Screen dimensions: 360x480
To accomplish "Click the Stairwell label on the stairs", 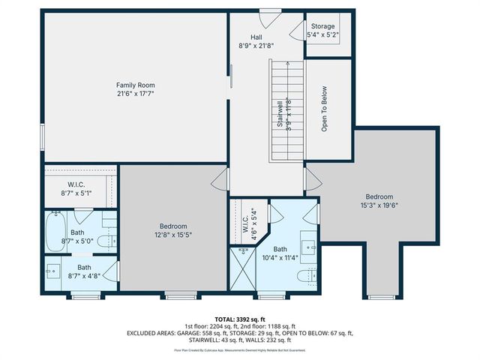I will [280, 112].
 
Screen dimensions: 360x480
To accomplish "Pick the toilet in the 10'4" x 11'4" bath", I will [304, 277].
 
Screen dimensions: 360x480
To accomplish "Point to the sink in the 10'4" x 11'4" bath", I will [309, 244].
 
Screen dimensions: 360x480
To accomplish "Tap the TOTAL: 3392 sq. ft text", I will [240, 318].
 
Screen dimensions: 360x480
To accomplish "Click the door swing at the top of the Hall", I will [269, 16].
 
